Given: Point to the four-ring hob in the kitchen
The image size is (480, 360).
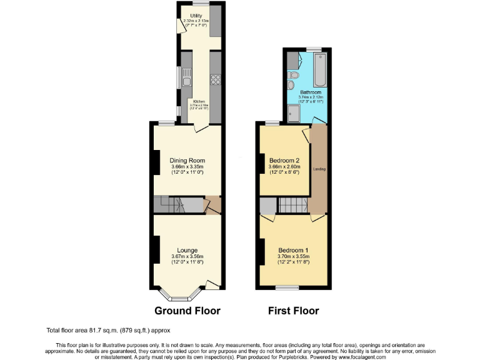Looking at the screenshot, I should (x=216, y=79).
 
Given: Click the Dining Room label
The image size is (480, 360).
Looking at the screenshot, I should (x=187, y=161).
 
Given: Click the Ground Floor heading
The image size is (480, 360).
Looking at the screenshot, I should (x=187, y=311).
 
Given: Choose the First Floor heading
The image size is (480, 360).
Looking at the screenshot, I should (x=294, y=311).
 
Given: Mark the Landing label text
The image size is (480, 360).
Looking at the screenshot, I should (x=319, y=169).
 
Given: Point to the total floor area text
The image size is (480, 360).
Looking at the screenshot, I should (x=107, y=330).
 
